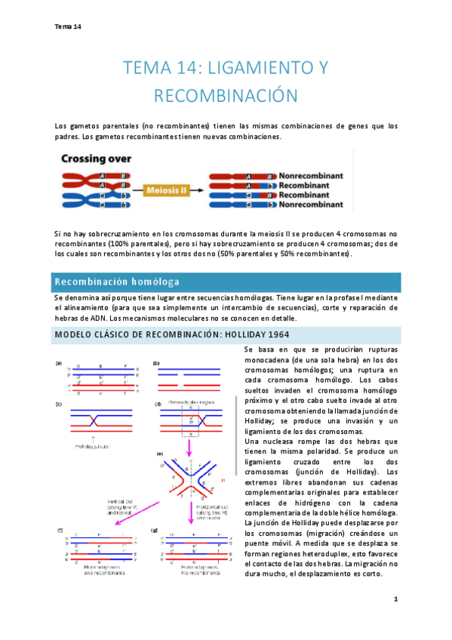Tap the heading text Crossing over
tap(96, 159)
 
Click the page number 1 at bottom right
tap(395, 598)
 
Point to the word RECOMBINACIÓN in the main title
tap(226, 96)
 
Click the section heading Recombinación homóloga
tap(116, 282)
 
